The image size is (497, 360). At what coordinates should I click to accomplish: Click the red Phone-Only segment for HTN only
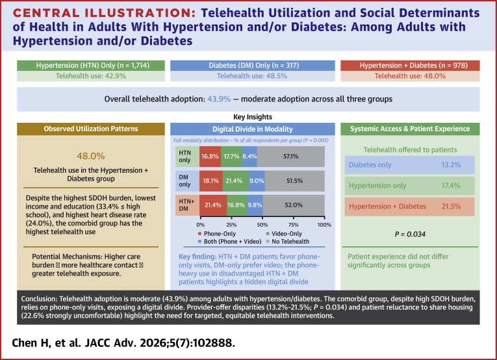[x=210, y=157]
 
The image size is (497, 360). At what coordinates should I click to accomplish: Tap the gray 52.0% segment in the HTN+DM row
[x=294, y=205]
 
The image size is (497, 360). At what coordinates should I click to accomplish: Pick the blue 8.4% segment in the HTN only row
[x=249, y=157]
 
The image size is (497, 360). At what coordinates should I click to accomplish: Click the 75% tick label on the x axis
[x=294, y=225]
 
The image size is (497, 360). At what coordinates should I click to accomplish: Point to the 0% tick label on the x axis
[x=200, y=225]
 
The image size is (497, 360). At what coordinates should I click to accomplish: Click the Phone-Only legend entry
[x=217, y=233]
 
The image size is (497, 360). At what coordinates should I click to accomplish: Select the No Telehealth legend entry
[x=288, y=242]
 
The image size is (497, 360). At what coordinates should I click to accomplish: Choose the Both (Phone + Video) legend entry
[x=229, y=242]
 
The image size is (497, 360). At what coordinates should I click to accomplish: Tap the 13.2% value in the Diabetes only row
[x=451, y=165]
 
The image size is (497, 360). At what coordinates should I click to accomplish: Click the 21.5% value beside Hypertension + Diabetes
[x=451, y=206]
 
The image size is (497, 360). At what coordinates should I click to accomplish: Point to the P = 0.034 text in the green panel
[x=410, y=234]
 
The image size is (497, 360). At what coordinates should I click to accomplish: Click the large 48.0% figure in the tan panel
[x=91, y=156]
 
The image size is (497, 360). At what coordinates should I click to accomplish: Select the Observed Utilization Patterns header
[x=91, y=129]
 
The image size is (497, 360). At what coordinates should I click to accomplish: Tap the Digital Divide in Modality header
[x=253, y=129]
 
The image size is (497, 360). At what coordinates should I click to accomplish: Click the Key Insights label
[x=253, y=117]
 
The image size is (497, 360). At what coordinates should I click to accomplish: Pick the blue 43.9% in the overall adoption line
[x=219, y=99]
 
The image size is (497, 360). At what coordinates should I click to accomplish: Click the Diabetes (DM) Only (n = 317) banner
[x=253, y=66]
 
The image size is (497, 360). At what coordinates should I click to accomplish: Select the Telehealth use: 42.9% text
[x=91, y=76]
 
